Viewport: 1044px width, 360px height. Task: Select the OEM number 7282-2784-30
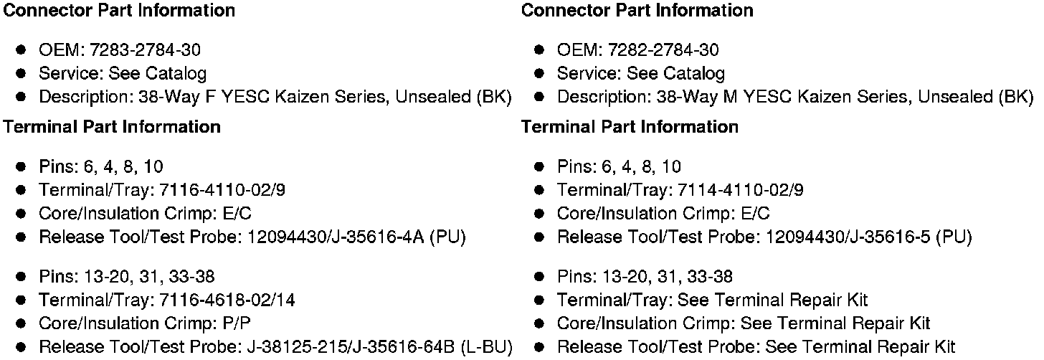[x=663, y=50]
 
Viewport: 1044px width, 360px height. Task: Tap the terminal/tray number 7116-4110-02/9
[x=217, y=191]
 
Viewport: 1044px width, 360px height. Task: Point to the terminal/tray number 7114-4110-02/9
[x=736, y=191]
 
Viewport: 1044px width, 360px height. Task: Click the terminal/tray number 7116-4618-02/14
[x=221, y=300]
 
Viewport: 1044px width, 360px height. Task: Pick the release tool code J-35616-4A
[x=374, y=237]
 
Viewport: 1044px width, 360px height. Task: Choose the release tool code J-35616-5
[x=888, y=237]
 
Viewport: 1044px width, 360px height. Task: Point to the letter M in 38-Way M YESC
[x=731, y=97]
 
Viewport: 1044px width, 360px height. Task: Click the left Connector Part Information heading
[x=119, y=11]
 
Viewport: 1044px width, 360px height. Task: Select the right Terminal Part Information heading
[x=629, y=127]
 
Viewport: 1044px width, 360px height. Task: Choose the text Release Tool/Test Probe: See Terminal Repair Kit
[x=756, y=348]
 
